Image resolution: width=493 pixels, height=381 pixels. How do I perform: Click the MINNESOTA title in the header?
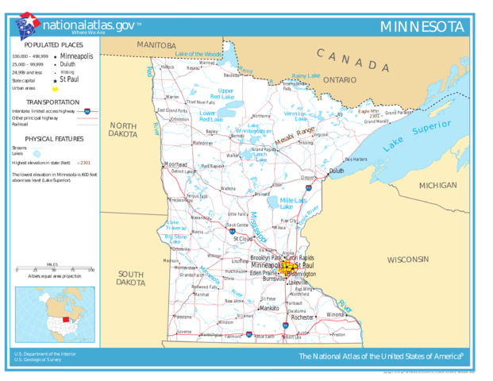click(x=422, y=26)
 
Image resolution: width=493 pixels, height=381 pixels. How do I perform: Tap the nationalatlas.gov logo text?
click(x=88, y=26)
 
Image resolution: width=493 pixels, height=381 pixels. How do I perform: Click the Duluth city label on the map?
click(x=337, y=171)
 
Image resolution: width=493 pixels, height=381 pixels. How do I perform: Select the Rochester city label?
click(x=302, y=317)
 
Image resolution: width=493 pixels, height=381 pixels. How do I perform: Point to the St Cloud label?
click(x=243, y=238)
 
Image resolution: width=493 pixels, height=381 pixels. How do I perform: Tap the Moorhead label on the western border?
click(x=175, y=165)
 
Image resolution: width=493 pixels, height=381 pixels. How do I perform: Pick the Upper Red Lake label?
click(x=226, y=94)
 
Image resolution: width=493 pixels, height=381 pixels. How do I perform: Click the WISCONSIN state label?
click(x=407, y=260)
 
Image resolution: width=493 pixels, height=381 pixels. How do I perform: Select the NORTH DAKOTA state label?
click(x=123, y=130)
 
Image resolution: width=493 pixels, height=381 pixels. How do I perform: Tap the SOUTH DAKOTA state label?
click(x=131, y=277)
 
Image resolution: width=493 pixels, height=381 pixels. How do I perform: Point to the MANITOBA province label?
click(x=156, y=45)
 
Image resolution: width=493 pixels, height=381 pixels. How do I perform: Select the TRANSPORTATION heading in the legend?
click(x=52, y=102)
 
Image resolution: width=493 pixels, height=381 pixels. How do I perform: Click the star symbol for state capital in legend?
click(x=55, y=81)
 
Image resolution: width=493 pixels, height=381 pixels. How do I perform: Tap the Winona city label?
click(x=335, y=314)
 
